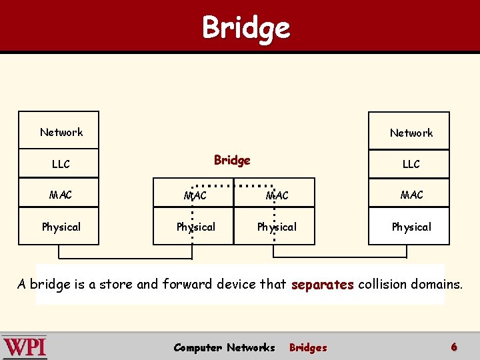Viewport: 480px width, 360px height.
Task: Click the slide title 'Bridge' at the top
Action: [x=246, y=28]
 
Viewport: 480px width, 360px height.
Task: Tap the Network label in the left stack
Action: [x=61, y=132]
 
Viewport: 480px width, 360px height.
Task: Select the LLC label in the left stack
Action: [x=61, y=163]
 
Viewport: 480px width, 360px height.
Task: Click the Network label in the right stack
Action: [x=411, y=133]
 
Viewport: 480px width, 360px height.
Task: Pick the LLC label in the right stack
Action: [x=411, y=163]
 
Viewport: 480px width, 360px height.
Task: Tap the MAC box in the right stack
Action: [x=411, y=195]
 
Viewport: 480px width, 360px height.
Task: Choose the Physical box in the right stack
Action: [x=411, y=227]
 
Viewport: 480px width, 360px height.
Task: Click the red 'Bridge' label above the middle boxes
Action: [x=232, y=160]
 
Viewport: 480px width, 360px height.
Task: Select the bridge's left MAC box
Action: [x=195, y=195]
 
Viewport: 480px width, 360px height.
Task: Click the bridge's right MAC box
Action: [x=277, y=195]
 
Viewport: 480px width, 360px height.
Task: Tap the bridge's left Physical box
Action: [x=195, y=227]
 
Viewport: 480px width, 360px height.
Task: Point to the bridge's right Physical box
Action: [x=277, y=227]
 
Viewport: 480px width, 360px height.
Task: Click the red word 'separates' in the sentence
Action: [x=323, y=285]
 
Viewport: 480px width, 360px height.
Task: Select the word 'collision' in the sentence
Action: [x=381, y=284]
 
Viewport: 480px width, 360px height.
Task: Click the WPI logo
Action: [x=25, y=347]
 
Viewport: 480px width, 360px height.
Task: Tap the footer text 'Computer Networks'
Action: [x=224, y=347]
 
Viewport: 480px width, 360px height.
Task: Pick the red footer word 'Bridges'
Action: [x=308, y=347]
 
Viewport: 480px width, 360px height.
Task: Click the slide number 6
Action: [x=454, y=347]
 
